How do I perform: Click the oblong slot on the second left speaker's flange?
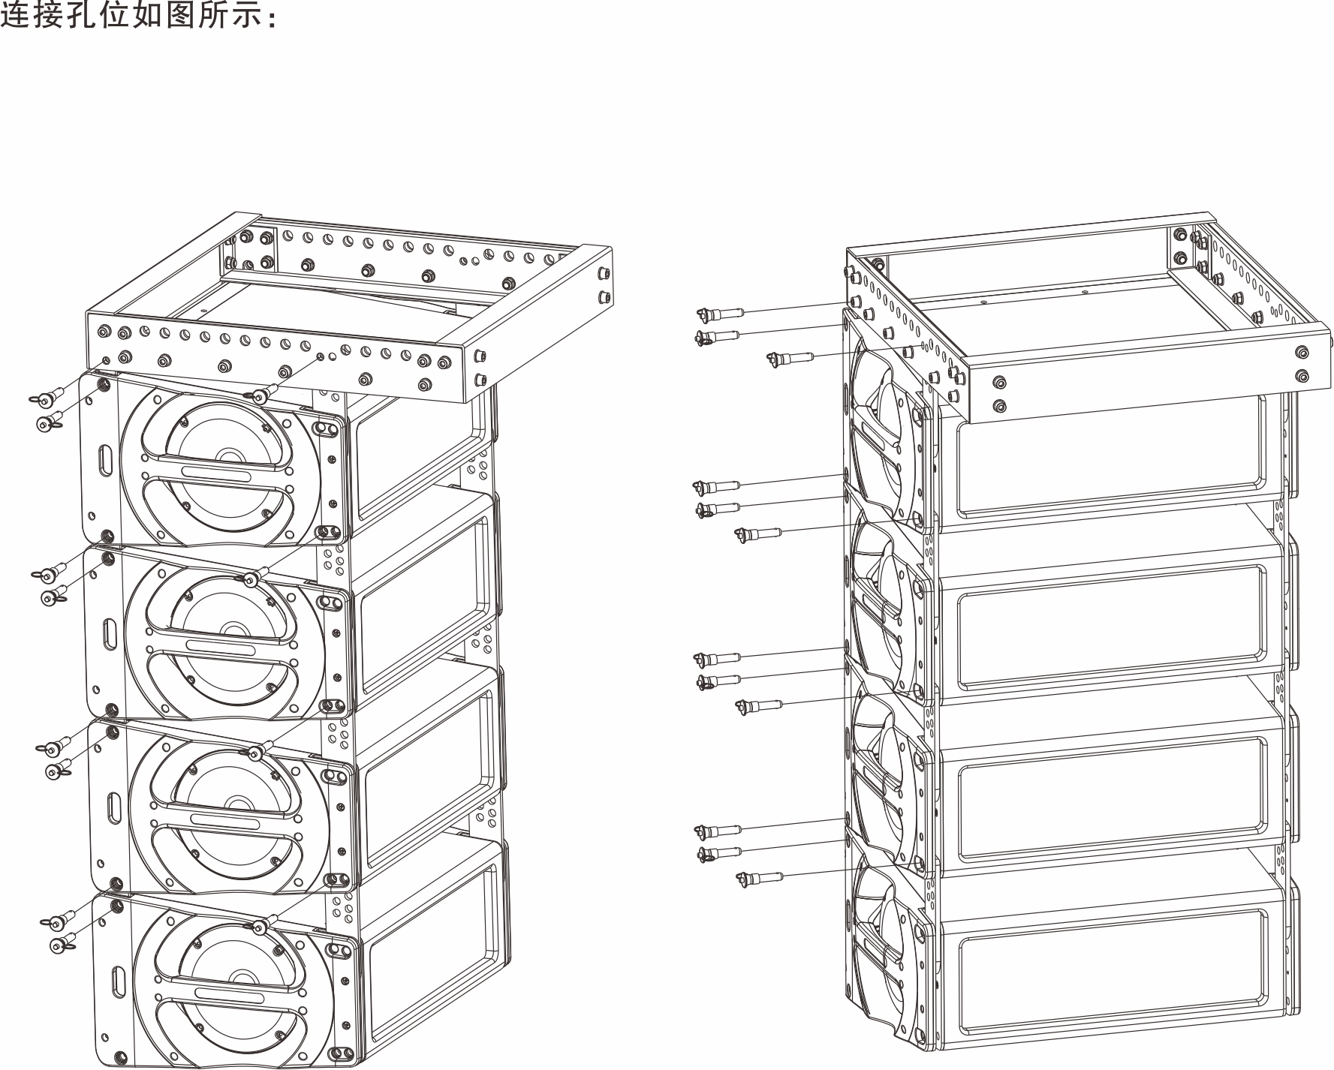[110, 632]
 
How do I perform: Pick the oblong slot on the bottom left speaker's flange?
[118, 980]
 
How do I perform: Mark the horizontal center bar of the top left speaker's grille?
[218, 476]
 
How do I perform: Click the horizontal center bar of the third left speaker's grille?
[225, 822]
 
